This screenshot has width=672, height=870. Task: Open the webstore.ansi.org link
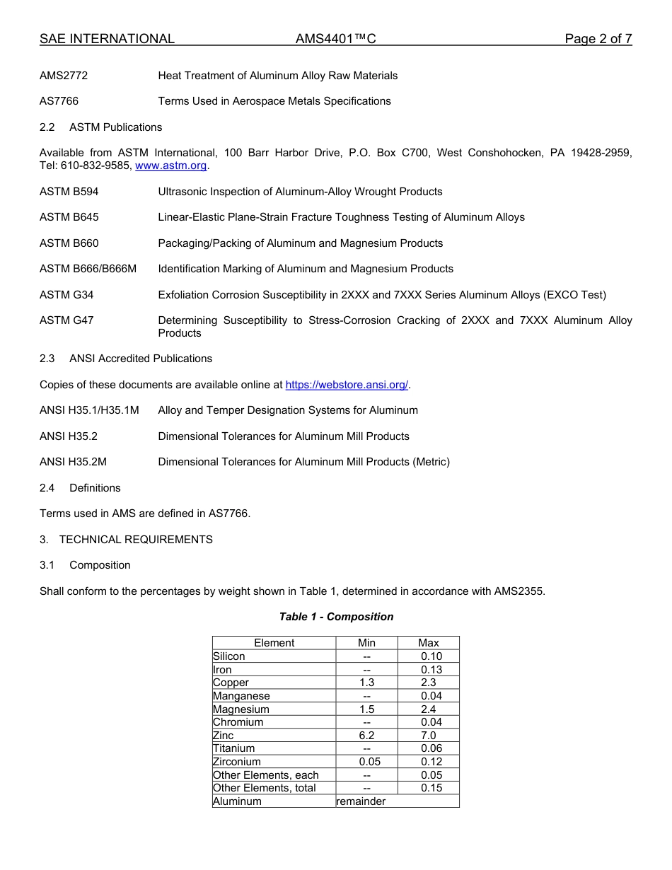pos(347,385)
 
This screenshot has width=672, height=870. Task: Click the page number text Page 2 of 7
pos(598,39)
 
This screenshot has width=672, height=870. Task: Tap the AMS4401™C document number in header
pos(335,39)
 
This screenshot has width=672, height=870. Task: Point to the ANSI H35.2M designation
pos(73,462)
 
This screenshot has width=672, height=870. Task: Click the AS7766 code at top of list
pos(59,101)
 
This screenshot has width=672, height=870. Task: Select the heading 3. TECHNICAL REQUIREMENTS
pos(126,539)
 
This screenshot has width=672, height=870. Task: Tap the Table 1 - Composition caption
pos(336,617)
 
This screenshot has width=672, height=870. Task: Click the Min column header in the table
pos(366,643)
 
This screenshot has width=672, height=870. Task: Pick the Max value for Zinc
pos(429,736)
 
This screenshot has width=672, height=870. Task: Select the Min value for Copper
pos(366,683)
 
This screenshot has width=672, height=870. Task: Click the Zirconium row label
pos(237,762)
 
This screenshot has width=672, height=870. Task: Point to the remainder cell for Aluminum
pos(361,801)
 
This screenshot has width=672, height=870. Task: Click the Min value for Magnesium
pos(366,709)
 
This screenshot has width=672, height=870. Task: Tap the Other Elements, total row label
pos(265,788)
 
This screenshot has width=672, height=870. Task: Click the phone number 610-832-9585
pos(95,166)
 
